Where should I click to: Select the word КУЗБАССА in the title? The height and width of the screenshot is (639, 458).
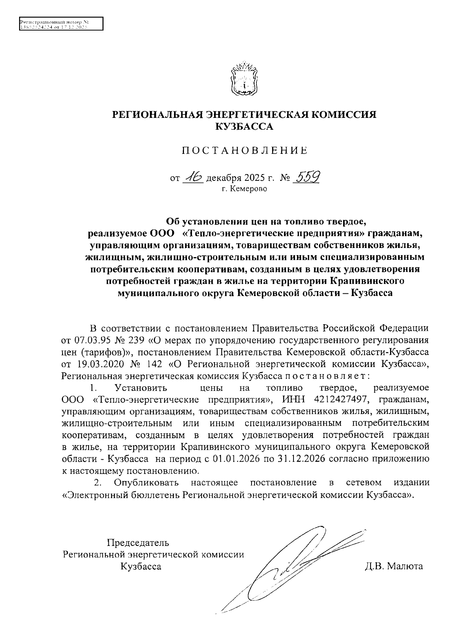click(x=244, y=127)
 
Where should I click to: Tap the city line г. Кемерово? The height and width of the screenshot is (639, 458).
click(x=245, y=189)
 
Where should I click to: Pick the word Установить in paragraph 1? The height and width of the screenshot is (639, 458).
click(x=141, y=388)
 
